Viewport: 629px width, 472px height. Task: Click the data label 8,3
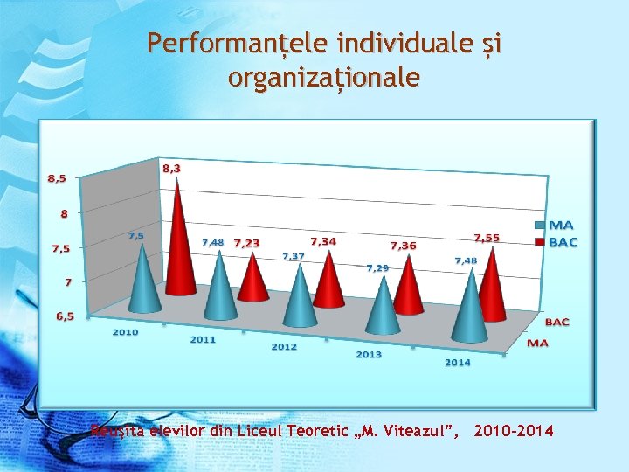point(171,167)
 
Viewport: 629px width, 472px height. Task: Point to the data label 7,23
point(246,243)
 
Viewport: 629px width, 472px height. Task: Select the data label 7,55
point(487,238)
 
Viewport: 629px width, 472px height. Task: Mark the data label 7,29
point(377,267)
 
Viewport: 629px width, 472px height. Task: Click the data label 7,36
point(403,246)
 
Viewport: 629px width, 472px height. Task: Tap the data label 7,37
point(293,256)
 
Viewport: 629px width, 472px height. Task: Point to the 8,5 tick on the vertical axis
point(56,178)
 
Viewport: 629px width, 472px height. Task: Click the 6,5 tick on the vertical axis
point(65,316)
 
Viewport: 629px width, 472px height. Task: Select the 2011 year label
point(203,339)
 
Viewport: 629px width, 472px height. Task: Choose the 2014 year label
point(458,362)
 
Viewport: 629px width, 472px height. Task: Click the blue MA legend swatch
point(539,226)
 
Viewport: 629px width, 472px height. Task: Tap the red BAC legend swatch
point(539,242)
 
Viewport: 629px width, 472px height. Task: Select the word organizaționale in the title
point(323,78)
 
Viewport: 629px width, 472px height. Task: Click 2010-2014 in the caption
point(513,430)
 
